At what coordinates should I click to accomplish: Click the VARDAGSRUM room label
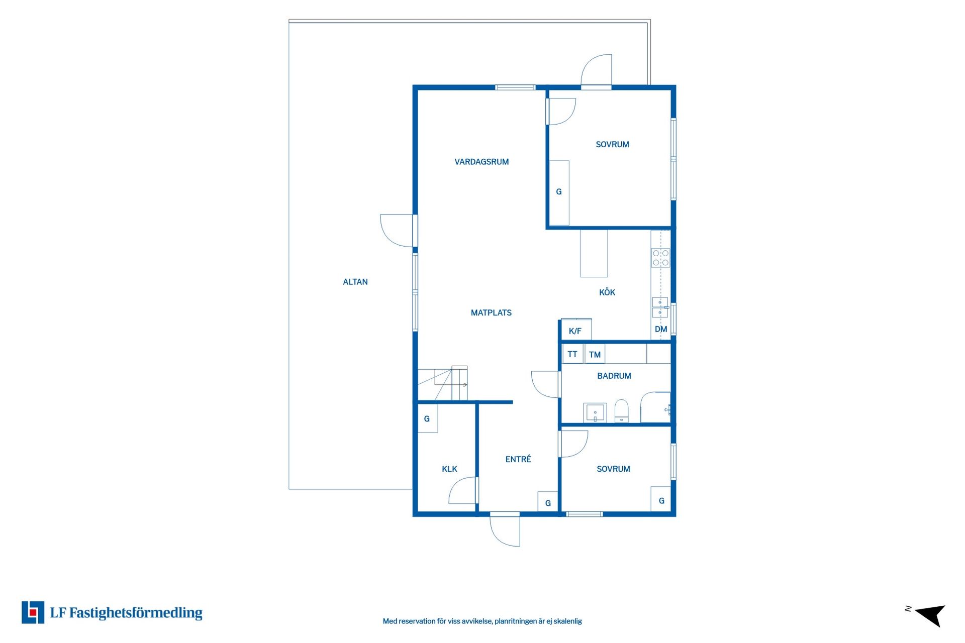pos(481,162)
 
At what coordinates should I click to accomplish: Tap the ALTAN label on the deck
pos(355,282)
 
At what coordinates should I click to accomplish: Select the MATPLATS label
pos(491,312)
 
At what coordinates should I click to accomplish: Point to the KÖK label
pos(607,292)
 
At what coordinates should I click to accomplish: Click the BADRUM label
pos(614,376)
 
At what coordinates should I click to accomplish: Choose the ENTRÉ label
pos(518,459)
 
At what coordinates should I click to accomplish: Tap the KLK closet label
pos(449,469)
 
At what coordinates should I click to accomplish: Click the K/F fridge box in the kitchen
pos(576,330)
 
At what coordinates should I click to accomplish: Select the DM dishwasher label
pos(661,330)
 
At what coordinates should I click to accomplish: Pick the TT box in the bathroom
pos(572,354)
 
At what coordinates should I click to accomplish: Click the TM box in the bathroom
pos(595,354)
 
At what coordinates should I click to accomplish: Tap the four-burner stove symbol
pos(661,258)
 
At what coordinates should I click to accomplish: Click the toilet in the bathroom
pos(622,411)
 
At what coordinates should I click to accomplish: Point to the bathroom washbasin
pos(595,412)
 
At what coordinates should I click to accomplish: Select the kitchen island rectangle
pos(594,253)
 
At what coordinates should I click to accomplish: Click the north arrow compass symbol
pos(931,615)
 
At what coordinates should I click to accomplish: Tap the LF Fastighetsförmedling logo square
pos(33,612)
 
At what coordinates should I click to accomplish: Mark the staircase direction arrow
pos(459,385)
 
